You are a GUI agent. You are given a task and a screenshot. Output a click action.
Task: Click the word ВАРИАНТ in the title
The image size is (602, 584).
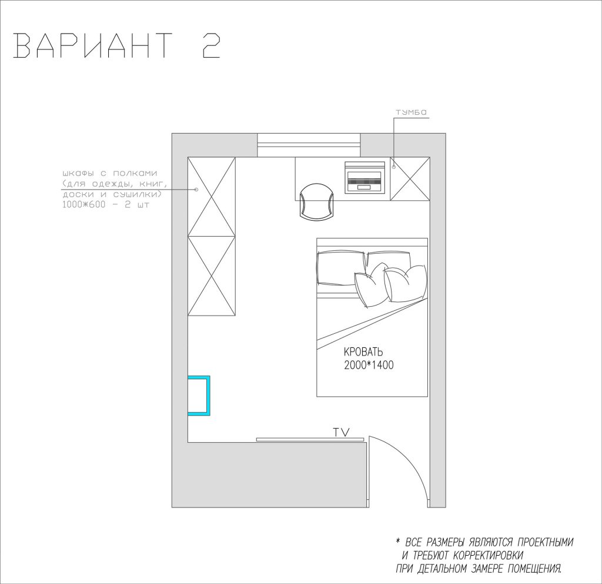93,45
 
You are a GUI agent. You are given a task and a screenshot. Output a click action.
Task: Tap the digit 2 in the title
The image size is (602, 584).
212,45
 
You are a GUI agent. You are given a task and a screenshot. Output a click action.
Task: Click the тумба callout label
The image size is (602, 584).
411,112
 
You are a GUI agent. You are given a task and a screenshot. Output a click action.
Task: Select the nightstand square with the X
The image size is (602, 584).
410,178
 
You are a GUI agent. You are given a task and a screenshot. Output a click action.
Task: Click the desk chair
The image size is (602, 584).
317,201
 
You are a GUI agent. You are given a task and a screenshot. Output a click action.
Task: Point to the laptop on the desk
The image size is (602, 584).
364,177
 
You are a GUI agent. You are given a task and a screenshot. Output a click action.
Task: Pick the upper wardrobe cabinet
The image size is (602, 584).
212,197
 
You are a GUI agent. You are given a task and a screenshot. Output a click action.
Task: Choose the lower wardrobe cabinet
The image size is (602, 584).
212,276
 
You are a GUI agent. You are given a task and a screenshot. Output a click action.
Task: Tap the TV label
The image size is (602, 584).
342,432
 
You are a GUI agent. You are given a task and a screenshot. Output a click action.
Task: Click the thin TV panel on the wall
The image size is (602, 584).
310,439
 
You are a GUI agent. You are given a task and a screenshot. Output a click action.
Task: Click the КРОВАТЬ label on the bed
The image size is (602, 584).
363,351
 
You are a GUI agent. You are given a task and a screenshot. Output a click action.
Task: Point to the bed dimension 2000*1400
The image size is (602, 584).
369,365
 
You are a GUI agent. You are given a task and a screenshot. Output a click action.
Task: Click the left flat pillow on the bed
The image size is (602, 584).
340,268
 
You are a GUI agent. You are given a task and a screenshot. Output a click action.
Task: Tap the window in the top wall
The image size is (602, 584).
309,145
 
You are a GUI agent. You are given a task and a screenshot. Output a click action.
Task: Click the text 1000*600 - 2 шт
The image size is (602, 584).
106,204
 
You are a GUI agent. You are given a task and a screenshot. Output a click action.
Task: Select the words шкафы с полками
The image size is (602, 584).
109,174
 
